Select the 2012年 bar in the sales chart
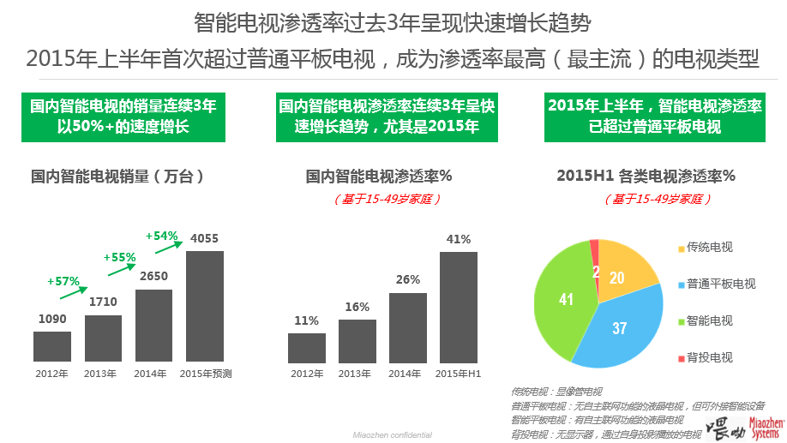point(52,345)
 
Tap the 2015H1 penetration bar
point(459,307)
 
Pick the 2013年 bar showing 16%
point(357,340)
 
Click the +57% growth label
point(63,280)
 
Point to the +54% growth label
point(161,236)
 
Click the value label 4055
point(205,238)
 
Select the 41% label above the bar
point(459,239)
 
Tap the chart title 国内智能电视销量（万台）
point(118,177)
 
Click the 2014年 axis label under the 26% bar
point(407,374)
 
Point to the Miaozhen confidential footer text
point(393,435)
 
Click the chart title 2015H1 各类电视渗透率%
point(646,177)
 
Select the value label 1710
point(103,302)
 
